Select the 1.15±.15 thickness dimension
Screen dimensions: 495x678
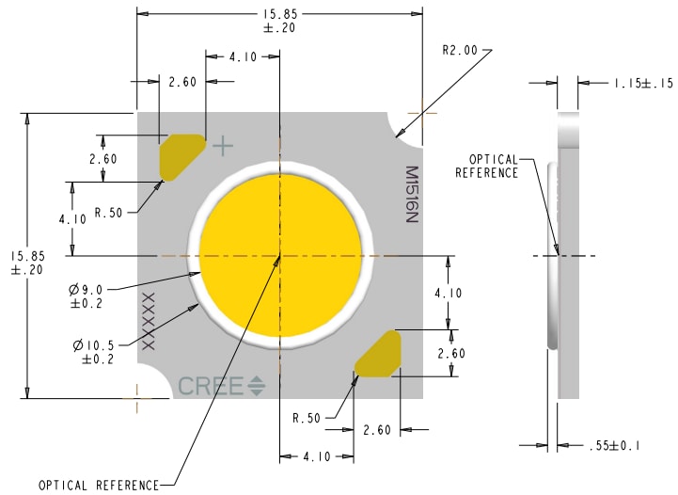pyautogui.click(x=643, y=84)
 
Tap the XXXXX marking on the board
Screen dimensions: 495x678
pyautogui.click(x=148, y=321)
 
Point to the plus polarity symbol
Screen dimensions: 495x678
pyautogui.click(x=223, y=146)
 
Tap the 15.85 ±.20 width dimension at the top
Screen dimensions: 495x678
pyautogui.click(x=279, y=21)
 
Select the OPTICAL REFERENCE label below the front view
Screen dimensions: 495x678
pyautogui.click(x=99, y=486)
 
